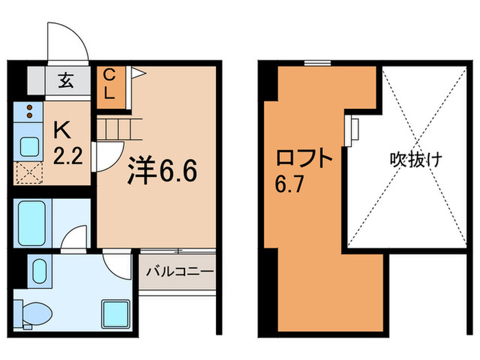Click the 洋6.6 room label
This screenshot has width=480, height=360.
tap(164, 171)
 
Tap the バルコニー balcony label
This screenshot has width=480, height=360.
tap(179, 272)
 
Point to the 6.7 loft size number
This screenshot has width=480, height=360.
tap(290, 185)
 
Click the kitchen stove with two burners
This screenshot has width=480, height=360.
tap(29, 112)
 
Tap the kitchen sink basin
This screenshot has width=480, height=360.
tap(29, 146)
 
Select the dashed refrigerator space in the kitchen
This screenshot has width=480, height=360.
tap(29, 172)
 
